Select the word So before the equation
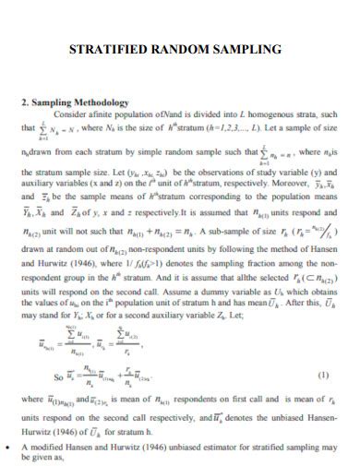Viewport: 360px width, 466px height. [58, 376]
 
